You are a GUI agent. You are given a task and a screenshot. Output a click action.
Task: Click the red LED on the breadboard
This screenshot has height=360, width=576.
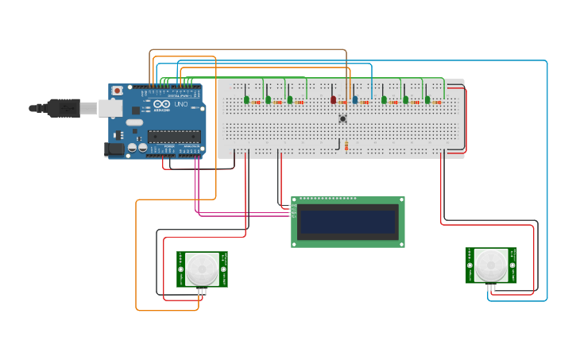coord(334,99)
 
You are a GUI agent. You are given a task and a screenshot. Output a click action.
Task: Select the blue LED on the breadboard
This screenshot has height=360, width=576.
coord(355,99)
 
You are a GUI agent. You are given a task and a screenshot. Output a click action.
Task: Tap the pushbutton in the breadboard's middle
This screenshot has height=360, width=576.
coord(343,119)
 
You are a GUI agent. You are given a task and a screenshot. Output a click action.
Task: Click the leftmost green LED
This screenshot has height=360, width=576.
coord(247,99)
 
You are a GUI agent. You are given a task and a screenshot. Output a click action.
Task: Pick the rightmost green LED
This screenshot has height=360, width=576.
coord(427,99)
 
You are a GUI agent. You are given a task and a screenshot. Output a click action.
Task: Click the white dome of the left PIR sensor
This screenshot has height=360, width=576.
coord(202,269)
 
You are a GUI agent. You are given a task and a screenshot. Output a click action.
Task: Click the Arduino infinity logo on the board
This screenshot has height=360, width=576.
coord(161,105)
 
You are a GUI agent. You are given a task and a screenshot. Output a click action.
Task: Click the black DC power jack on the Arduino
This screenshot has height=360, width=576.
coord(115,149)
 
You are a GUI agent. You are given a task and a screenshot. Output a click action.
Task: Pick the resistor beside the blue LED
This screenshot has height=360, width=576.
coord(365,102)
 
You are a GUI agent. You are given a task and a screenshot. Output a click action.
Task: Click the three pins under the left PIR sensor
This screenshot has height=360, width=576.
coord(203,292)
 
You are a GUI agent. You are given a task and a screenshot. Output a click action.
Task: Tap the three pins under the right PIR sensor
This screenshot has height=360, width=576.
coord(493,287)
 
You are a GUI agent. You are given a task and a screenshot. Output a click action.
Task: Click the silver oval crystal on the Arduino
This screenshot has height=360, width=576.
coord(133,122)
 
